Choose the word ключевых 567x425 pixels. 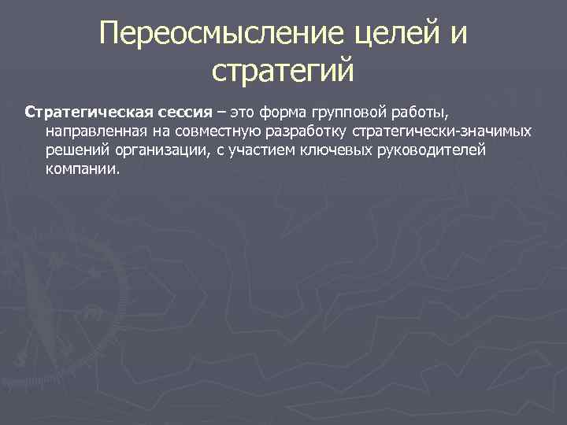327,150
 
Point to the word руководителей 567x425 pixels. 428,150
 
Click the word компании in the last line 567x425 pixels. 83,169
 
